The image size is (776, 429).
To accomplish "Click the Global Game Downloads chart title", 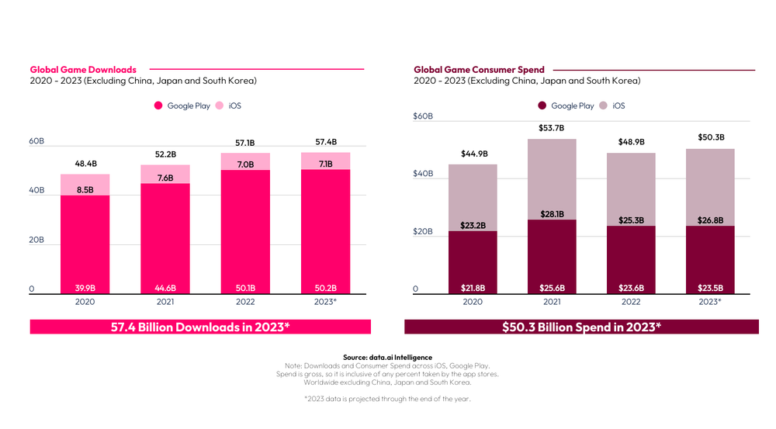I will click(83, 70).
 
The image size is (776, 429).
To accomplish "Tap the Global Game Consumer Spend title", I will click(479, 70).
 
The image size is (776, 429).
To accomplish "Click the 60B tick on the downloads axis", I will click(36, 141).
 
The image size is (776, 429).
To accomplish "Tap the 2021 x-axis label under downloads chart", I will click(165, 302).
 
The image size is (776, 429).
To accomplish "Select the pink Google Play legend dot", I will click(158, 106).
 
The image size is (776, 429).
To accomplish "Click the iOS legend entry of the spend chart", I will click(612, 106).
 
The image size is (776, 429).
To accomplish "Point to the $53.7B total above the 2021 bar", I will click(551, 129).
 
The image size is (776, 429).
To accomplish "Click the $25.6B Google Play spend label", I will click(551, 289).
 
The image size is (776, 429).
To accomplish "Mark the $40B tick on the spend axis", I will click(423, 174).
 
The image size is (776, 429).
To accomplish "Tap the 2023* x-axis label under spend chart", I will click(709, 302).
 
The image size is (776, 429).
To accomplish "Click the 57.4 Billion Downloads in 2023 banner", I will click(201, 327).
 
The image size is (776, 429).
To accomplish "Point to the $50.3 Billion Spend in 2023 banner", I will click(581, 327).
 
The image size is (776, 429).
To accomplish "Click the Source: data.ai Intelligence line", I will click(387, 357).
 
